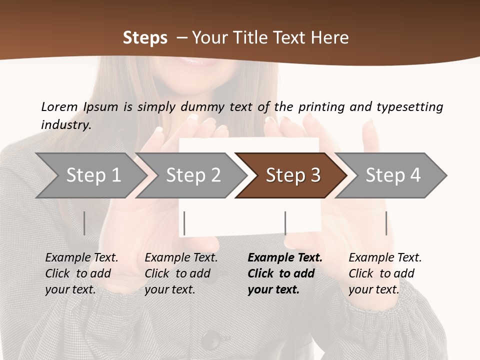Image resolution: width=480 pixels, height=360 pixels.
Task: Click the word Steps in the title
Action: [x=145, y=38]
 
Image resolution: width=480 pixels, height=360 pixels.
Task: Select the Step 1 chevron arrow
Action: [x=90, y=175]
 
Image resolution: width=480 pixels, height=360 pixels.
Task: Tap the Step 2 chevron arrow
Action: [x=192, y=175]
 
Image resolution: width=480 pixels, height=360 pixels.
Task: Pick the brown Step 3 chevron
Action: [x=292, y=175]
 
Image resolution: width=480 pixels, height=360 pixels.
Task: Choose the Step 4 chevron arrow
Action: [x=393, y=175]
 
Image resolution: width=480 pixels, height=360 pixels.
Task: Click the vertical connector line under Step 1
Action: [x=84, y=223]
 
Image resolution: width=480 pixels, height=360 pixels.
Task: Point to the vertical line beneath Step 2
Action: [x=184, y=223]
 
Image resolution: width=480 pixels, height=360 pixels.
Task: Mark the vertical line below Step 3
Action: [x=285, y=223]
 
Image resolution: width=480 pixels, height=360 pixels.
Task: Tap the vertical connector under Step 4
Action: [x=386, y=223]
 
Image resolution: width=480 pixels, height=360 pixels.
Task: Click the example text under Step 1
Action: [x=81, y=273]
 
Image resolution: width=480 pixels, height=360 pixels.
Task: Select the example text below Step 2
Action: [x=180, y=273]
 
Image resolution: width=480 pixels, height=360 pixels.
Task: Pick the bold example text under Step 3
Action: [x=284, y=273]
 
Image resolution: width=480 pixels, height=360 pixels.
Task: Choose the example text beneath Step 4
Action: [x=384, y=273]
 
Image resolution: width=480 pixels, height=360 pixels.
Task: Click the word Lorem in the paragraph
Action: [x=59, y=106]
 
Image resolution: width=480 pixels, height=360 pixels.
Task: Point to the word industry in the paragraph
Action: [x=65, y=124]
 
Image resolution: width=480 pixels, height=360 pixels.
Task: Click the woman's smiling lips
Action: [x=192, y=61]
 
